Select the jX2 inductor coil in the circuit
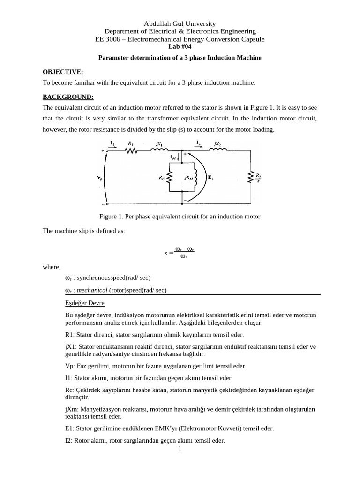[x=218, y=150]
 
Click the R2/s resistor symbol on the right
[x=251, y=177]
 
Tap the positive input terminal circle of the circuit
[x=107, y=150]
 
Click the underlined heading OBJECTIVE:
[x=63, y=72]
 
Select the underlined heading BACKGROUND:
[x=68, y=97]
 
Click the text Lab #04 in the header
[x=180, y=46]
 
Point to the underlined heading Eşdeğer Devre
[x=85, y=303]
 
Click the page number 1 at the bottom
[x=180, y=449]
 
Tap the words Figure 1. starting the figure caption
[x=112, y=217]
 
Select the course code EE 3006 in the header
[x=108, y=39]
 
